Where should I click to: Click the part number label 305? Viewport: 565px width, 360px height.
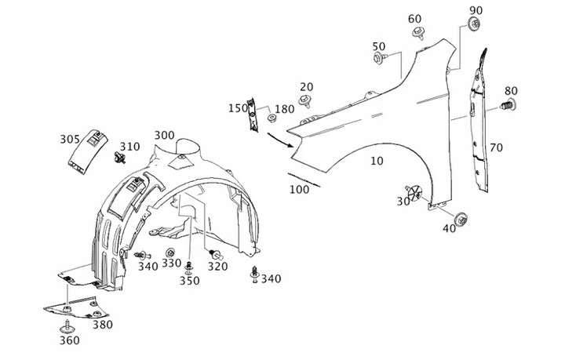pyautogui.click(x=70, y=139)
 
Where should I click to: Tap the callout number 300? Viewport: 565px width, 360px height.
pyautogui.click(x=164, y=135)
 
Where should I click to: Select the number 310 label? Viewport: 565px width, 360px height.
pyautogui.click(x=129, y=146)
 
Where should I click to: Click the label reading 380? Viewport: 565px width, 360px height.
pyautogui.click(x=102, y=324)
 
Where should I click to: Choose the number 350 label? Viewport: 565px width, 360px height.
pyautogui.click(x=189, y=280)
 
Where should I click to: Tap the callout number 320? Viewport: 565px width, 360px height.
pyautogui.click(x=217, y=267)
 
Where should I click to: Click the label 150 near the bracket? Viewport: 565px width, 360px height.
pyautogui.click(x=237, y=108)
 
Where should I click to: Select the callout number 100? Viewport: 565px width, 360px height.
pyautogui.click(x=299, y=190)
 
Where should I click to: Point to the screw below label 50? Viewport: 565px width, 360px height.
pyautogui.click(x=381, y=59)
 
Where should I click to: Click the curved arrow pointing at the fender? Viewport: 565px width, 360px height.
pyautogui.click(x=280, y=140)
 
